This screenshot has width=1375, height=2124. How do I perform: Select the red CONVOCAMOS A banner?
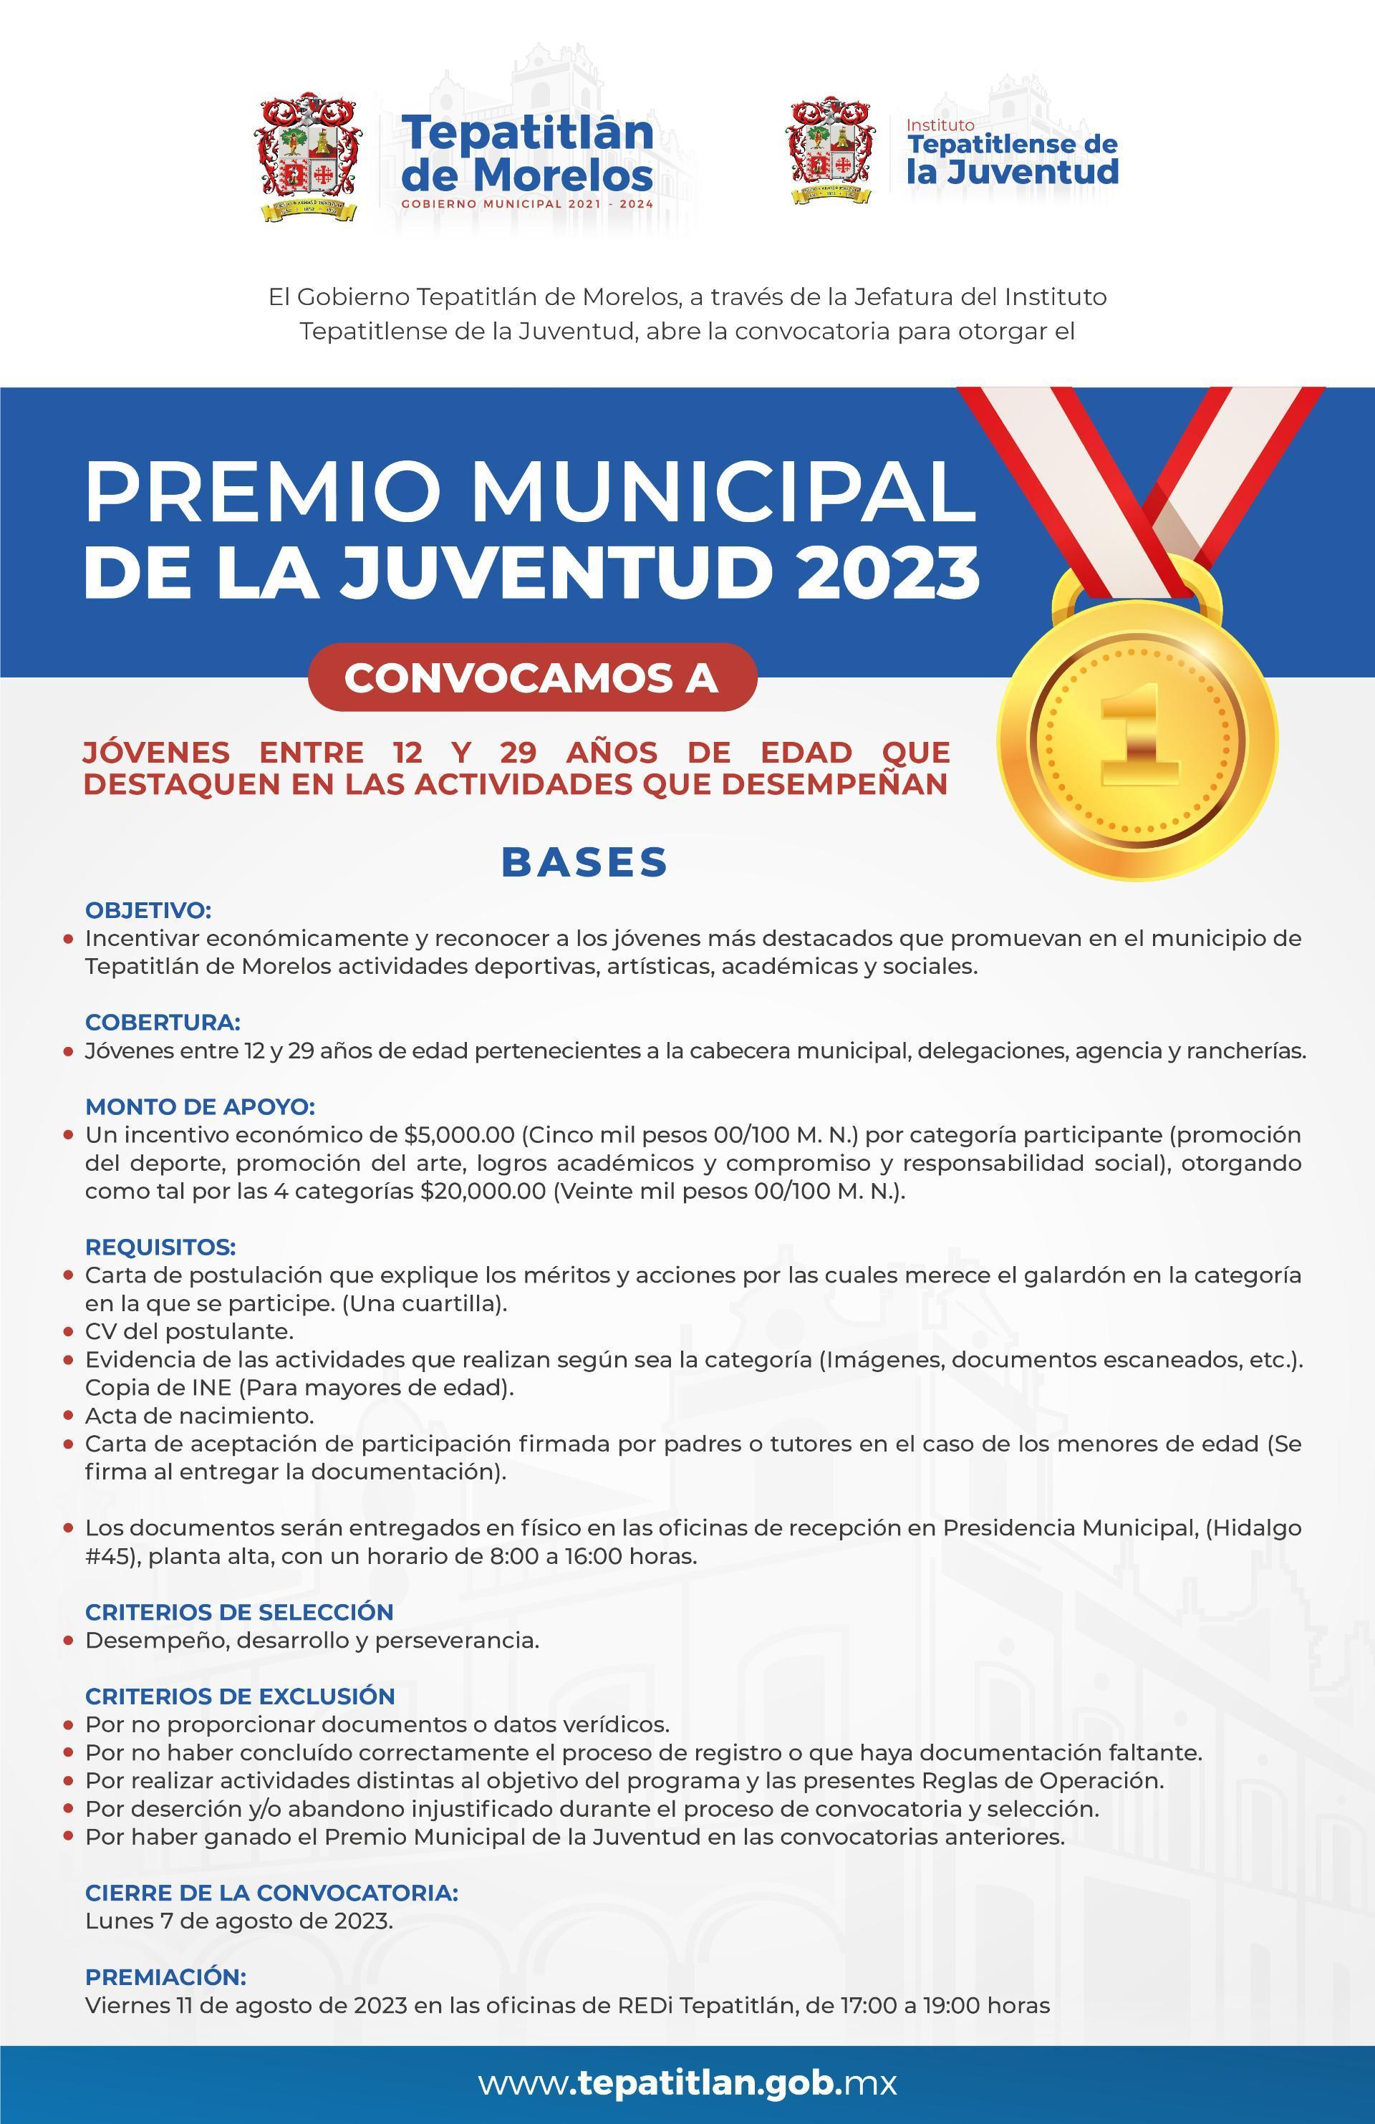(532, 677)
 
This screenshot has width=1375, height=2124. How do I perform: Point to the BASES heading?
(585, 862)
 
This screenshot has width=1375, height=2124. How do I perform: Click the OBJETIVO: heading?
(148, 910)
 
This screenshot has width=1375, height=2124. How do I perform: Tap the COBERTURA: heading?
(163, 1022)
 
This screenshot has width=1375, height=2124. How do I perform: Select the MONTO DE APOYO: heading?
(200, 1106)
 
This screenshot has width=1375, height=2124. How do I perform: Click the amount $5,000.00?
(458, 1135)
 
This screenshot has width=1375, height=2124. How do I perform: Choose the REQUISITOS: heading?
(160, 1247)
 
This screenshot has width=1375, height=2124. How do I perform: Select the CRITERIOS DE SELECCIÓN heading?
(239, 1612)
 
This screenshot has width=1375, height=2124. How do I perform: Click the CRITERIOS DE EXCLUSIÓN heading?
(239, 1696)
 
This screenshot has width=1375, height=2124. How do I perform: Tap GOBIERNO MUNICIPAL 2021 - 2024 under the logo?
(527, 203)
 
